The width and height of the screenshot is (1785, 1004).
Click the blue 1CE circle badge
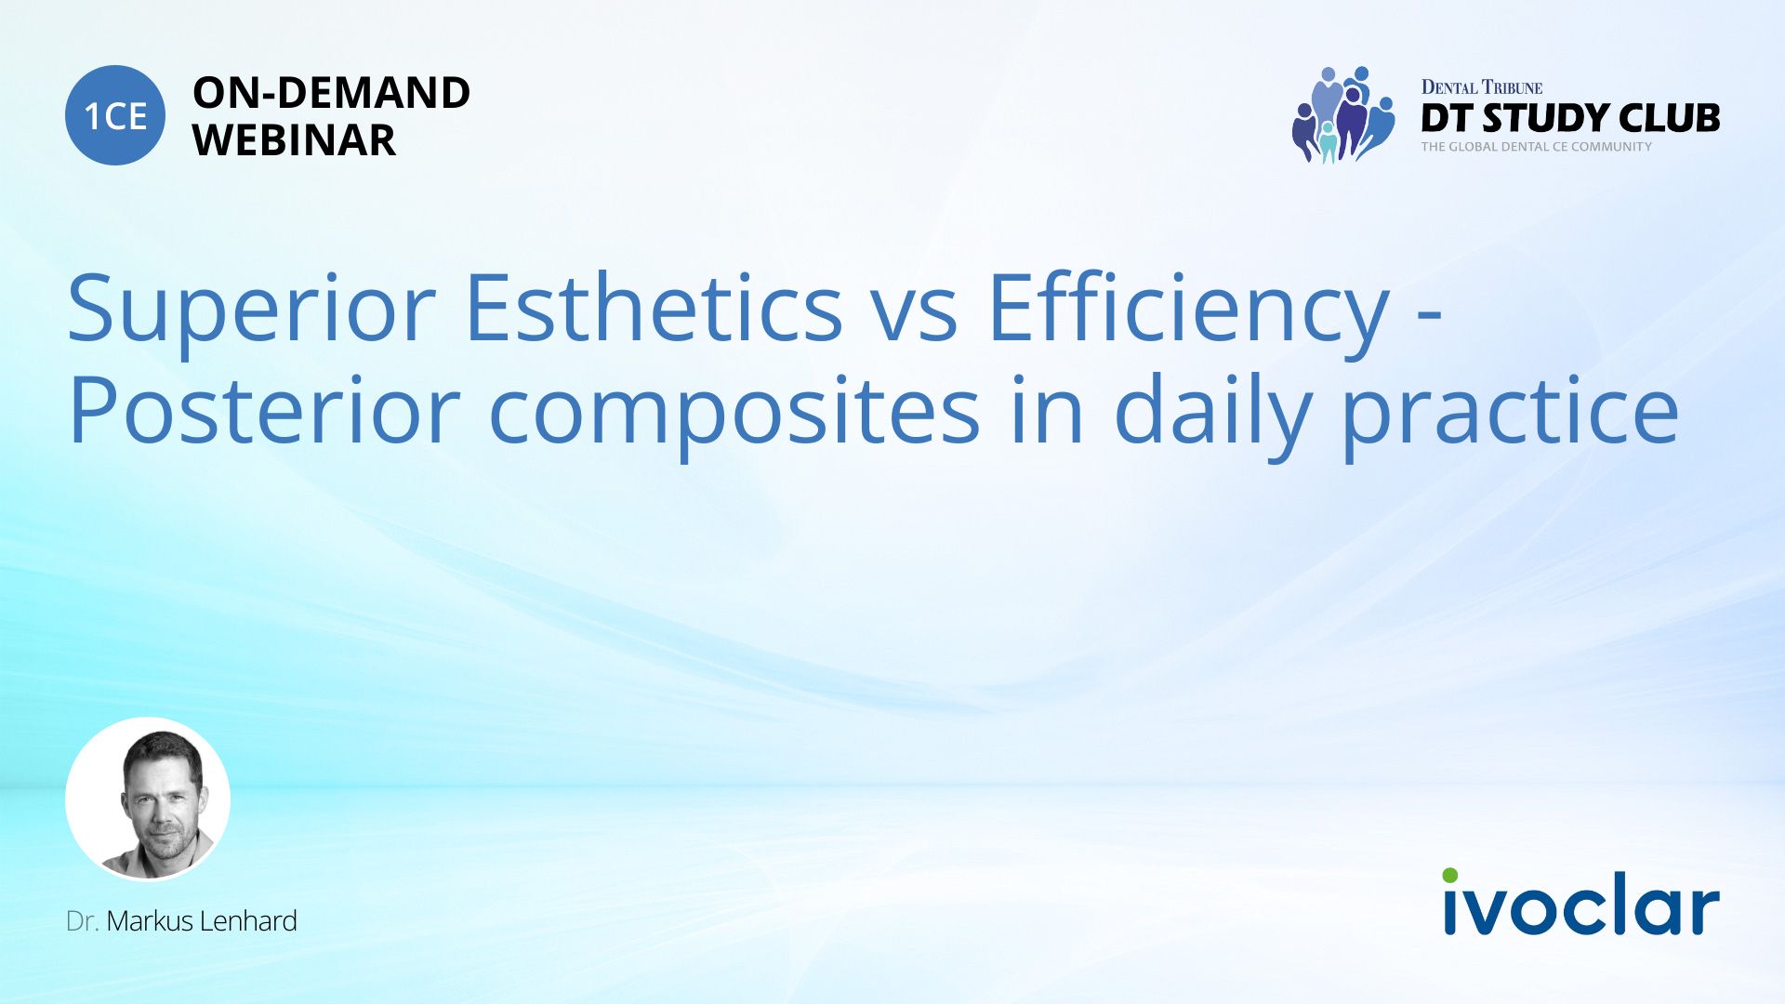[x=115, y=115]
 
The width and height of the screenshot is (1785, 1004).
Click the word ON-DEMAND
[x=331, y=93]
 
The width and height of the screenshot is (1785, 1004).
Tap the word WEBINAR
[x=294, y=140]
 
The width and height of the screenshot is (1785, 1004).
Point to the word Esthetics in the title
[x=654, y=306]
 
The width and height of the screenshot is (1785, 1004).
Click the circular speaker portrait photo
[x=148, y=799]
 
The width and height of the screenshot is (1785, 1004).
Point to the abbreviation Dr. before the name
[x=83, y=921]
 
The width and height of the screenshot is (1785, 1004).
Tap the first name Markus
[x=150, y=921]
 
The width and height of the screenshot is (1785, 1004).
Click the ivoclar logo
[x=1580, y=902]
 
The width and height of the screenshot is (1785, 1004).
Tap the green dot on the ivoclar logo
[x=1450, y=876]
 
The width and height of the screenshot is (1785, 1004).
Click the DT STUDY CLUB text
[x=1570, y=118]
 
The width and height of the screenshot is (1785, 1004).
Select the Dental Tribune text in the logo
[x=1482, y=87]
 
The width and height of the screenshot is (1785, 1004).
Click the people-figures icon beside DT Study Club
[x=1342, y=114]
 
